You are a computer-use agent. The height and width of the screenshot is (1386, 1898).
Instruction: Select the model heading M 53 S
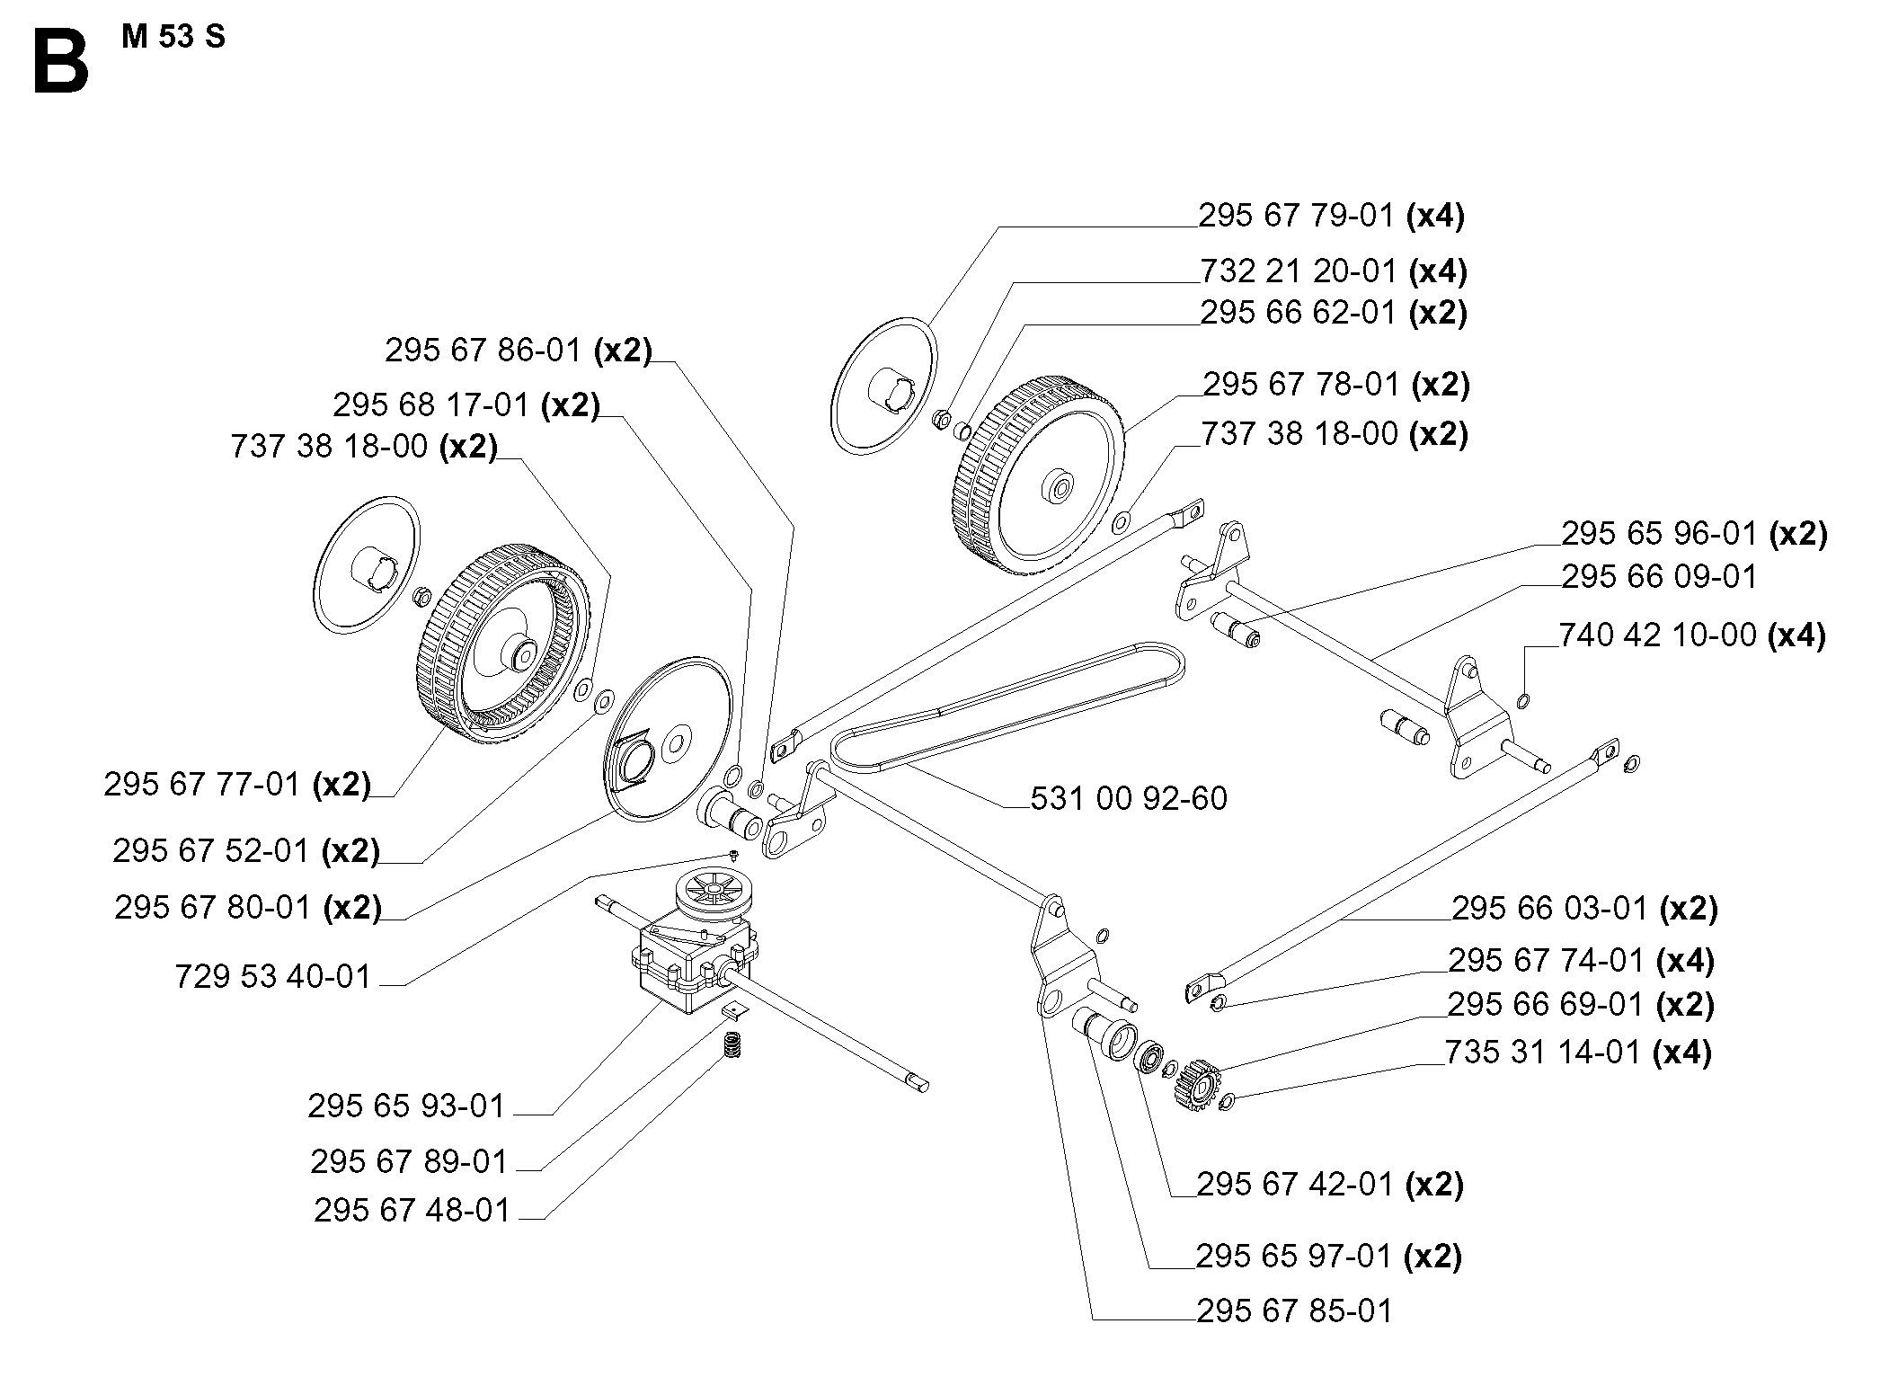click(173, 38)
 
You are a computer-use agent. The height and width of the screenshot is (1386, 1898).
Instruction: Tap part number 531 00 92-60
click(1128, 799)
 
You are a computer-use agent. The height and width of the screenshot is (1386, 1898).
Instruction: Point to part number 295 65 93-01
click(406, 1106)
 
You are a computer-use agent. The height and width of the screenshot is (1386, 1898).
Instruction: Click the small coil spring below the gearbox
click(734, 1045)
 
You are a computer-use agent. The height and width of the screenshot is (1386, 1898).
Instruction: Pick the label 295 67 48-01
click(412, 1211)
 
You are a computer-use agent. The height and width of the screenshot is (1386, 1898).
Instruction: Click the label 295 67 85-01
click(1294, 1311)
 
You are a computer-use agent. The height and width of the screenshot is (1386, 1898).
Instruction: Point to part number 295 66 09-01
click(1658, 576)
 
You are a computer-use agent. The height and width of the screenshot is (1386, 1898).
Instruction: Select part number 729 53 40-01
click(273, 976)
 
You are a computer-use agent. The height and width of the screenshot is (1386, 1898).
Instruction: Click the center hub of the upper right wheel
click(1059, 490)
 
